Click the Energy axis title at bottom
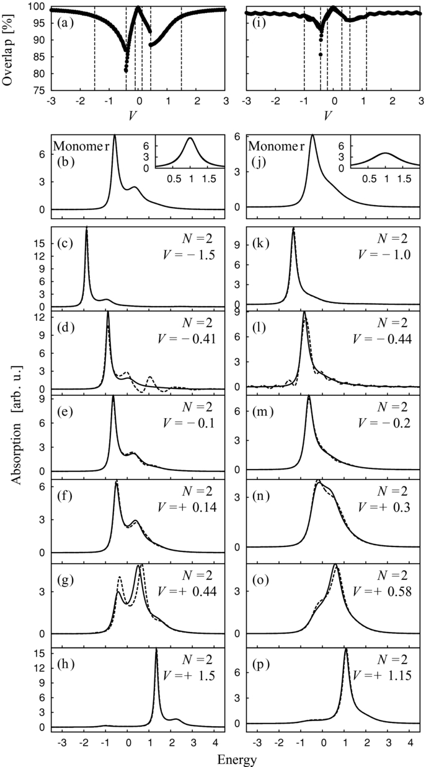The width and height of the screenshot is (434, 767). [x=238, y=758]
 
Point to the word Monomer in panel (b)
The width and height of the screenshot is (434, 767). [x=80, y=147]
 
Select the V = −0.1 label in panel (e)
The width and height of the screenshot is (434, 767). [x=192, y=426]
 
